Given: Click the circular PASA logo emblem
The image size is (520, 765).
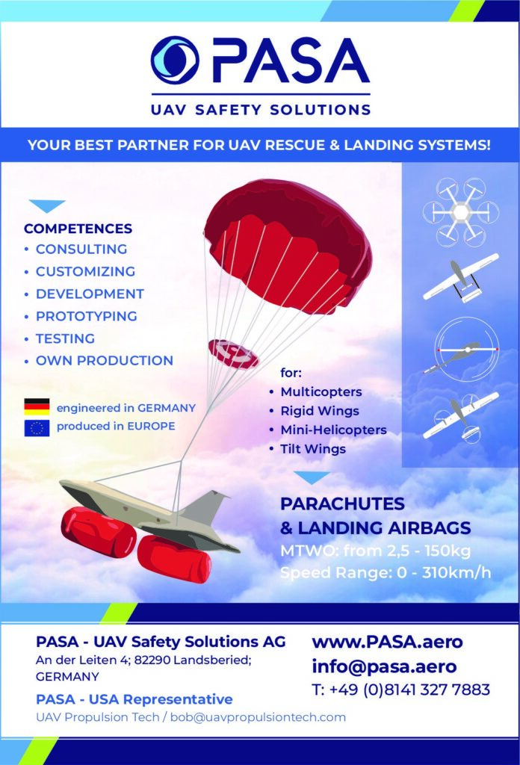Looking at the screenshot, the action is tap(174, 60).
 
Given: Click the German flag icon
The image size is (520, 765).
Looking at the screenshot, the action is tap(37, 407).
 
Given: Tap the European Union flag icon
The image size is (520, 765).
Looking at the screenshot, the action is tap(37, 427).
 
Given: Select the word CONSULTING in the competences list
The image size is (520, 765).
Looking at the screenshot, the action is tap(81, 249).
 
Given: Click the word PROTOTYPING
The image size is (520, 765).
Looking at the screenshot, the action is tap(87, 316).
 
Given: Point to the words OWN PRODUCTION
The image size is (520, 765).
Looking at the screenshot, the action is tap(105, 361).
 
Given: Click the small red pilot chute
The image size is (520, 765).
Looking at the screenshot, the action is tap(234, 353).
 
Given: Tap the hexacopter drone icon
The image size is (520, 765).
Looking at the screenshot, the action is tap(460, 212).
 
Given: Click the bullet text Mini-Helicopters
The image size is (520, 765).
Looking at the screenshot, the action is tap(334, 430).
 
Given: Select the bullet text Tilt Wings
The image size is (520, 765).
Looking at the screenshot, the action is tap(313, 449).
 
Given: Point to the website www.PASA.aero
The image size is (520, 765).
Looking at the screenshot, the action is tap(387, 642).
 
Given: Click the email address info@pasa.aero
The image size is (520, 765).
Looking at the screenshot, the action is tap(384, 666).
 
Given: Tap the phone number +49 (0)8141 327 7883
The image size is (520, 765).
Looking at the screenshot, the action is tap(409, 690).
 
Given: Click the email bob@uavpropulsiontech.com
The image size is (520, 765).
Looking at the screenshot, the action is tap(258, 717).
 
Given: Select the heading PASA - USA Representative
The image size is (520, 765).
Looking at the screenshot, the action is tap(134, 699).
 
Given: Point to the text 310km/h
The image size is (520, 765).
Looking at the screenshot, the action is tap(456, 572).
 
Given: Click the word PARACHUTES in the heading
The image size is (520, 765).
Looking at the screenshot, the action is tap(342, 504).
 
